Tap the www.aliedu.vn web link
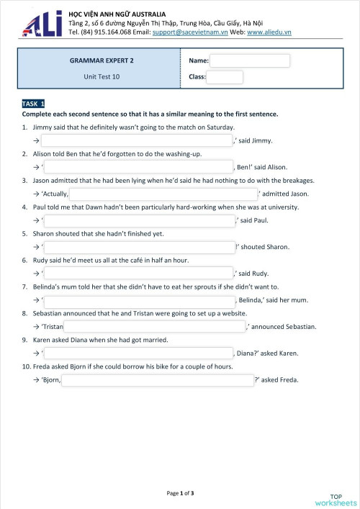pyautogui.click(x=269, y=32)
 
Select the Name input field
pyautogui.click(x=250, y=61)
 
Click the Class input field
pyautogui.click(x=225, y=77)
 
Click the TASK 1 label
pyautogui.click(x=34, y=104)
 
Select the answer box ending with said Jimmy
pyautogui.click(x=137, y=140)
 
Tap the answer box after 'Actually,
pyautogui.click(x=163, y=194)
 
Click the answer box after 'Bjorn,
pyautogui.click(x=157, y=379)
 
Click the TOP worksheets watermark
pyautogui.click(x=336, y=500)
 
